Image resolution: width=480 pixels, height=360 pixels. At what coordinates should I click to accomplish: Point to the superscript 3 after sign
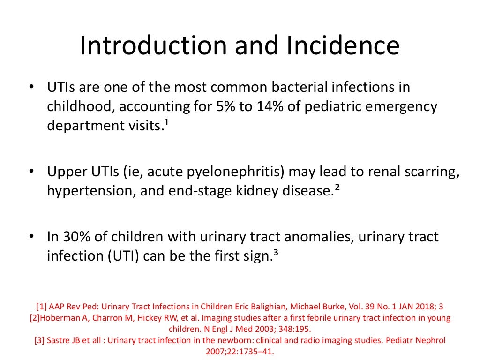(x=276, y=254)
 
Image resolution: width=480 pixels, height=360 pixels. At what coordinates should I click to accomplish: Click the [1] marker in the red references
(x=41, y=307)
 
